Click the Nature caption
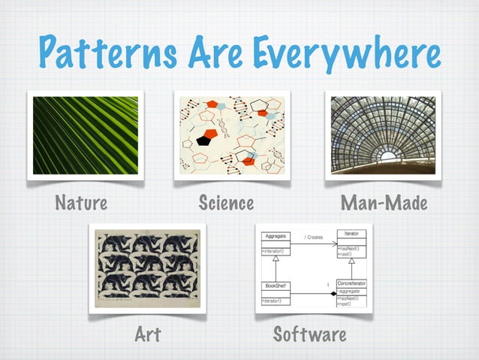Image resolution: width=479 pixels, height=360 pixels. [x=80, y=203]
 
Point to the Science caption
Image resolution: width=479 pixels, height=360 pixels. [x=226, y=203]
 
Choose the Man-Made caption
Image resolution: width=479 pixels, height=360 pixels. [x=384, y=203]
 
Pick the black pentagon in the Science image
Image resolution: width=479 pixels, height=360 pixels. [x=203, y=140]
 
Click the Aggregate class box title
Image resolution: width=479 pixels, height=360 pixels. [x=276, y=236]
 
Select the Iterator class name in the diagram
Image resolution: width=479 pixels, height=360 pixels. [x=351, y=234]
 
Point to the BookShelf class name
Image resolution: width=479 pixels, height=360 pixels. [x=276, y=286]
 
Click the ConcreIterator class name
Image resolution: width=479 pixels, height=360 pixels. [x=351, y=283]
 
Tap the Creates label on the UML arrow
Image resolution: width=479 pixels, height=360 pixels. [x=313, y=237]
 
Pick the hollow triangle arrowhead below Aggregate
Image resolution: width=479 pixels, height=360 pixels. [x=276, y=259]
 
